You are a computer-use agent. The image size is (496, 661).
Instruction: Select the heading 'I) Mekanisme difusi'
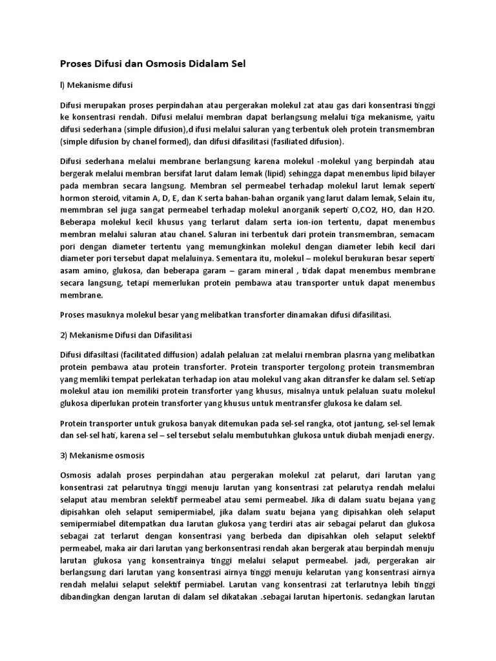click(x=96, y=84)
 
